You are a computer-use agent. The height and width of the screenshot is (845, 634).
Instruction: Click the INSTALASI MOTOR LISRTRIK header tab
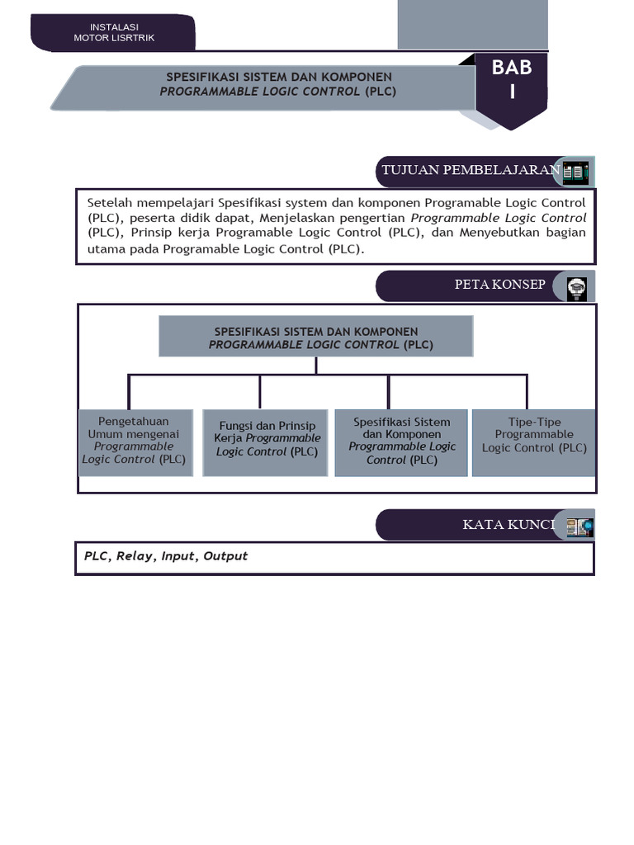[113, 32]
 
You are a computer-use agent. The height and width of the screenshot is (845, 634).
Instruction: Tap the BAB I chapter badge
[512, 83]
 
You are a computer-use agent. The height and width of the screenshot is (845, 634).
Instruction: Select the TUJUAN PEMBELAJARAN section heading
[470, 170]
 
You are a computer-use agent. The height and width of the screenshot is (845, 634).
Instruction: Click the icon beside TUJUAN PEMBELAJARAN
[575, 172]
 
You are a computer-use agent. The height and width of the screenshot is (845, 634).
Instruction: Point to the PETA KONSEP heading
[499, 285]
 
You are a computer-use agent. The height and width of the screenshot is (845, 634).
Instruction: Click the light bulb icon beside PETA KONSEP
[576, 287]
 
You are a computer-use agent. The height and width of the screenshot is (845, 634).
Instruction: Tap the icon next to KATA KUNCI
[579, 526]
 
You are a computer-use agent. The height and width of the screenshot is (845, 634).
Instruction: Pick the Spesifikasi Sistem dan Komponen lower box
[401, 441]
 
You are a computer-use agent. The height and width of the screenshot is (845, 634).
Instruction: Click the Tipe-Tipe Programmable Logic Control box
[534, 441]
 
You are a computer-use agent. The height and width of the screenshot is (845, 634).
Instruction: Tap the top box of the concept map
[315, 338]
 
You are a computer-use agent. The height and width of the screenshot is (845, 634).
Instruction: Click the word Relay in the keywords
[135, 556]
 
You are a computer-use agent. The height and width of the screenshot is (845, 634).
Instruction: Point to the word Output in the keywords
[226, 556]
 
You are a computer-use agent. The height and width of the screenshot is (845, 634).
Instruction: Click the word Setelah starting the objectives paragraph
[110, 203]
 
